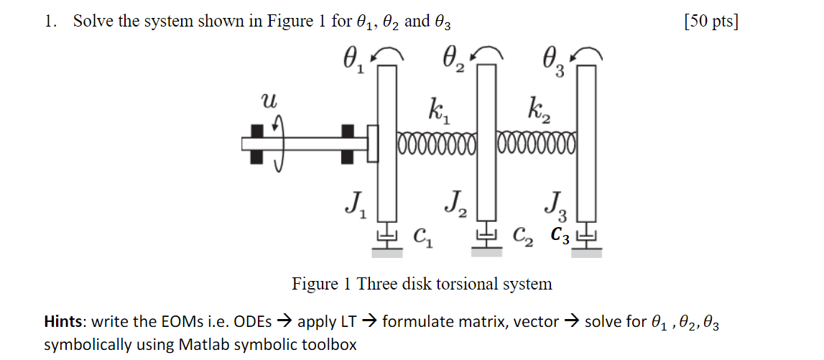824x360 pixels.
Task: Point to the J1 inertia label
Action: [354, 206]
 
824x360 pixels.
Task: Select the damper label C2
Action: [523, 234]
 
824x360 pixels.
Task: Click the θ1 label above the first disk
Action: [352, 59]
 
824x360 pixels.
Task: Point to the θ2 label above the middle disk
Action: [453, 59]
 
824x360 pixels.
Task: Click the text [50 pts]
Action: [711, 22]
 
